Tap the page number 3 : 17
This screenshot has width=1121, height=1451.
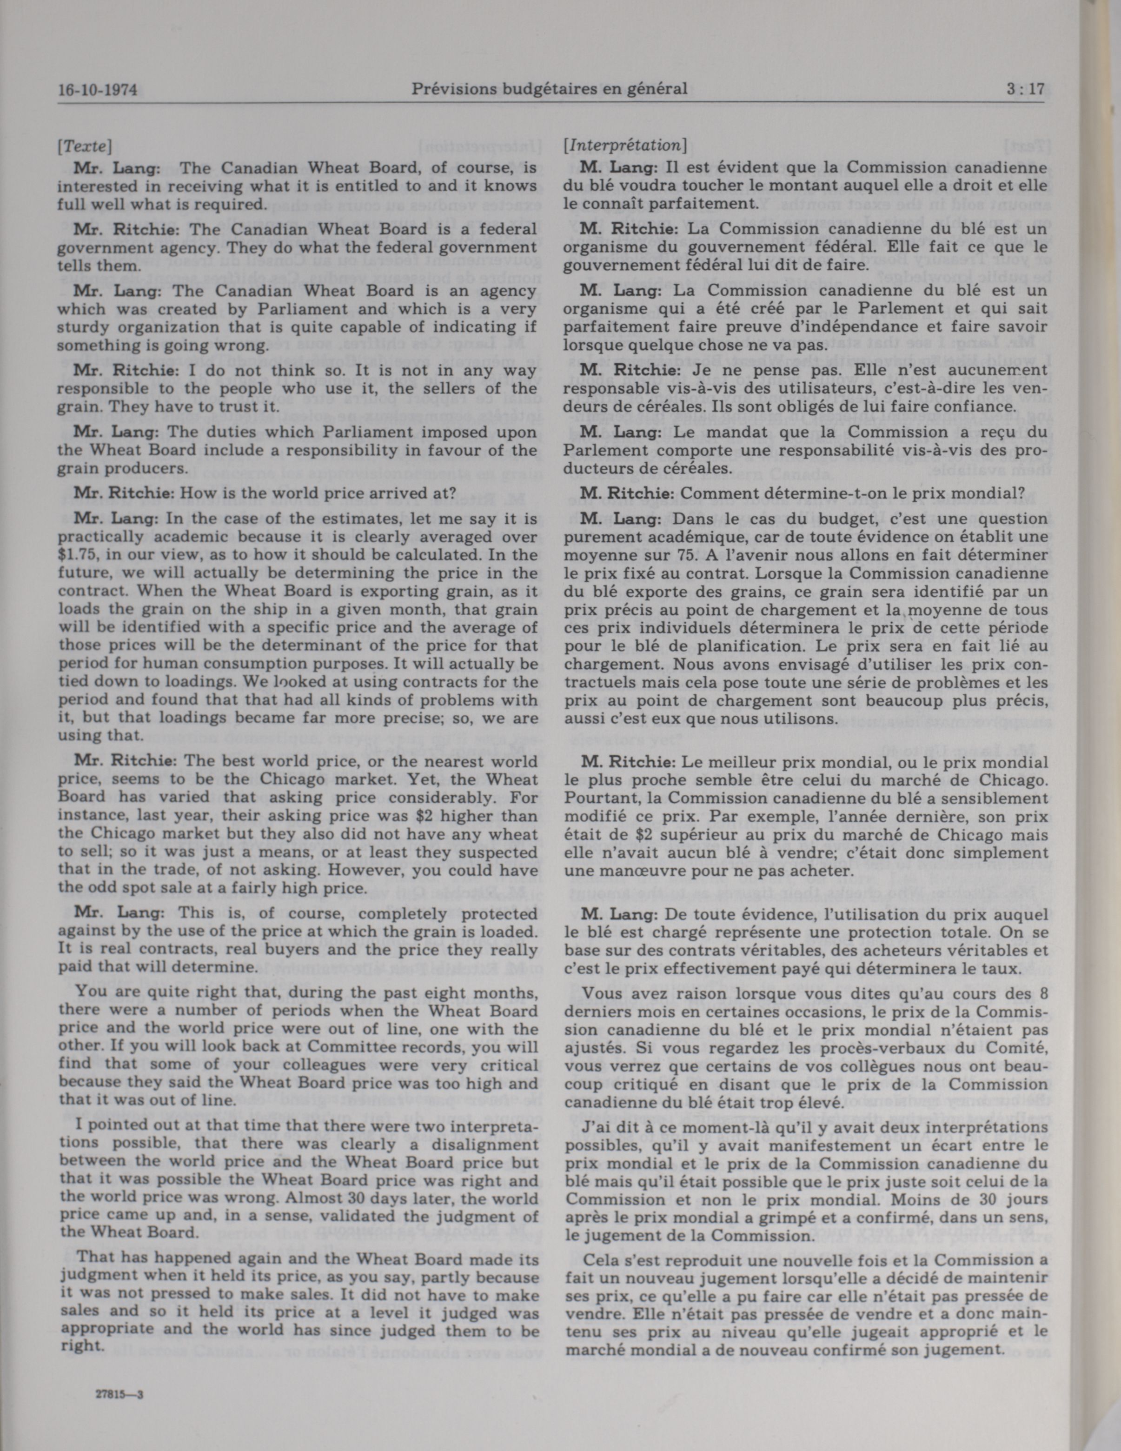pos(1025,88)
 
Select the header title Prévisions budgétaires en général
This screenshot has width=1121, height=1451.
pos(549,88)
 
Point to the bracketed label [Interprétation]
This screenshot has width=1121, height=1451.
pos(624,145)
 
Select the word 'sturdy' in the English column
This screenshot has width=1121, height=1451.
pos(80,327)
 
